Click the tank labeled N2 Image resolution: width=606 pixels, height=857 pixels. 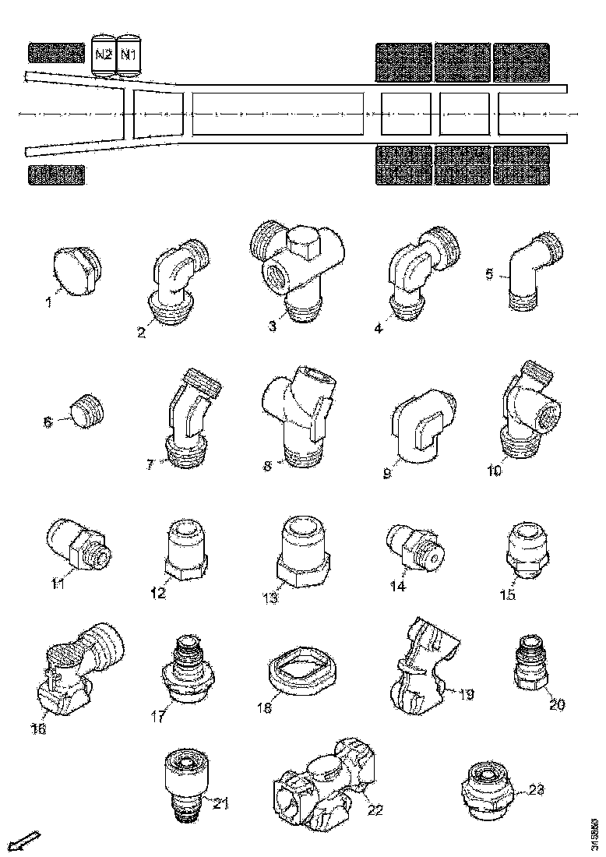click(x=104, y=55)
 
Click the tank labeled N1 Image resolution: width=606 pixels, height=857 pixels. click(x=128, y=55)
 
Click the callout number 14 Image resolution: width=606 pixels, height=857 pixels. click(x=398, y=587)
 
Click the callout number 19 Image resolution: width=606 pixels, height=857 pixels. click(x=466, y=693)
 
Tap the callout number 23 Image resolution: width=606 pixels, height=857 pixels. click(x=535, y=789)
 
